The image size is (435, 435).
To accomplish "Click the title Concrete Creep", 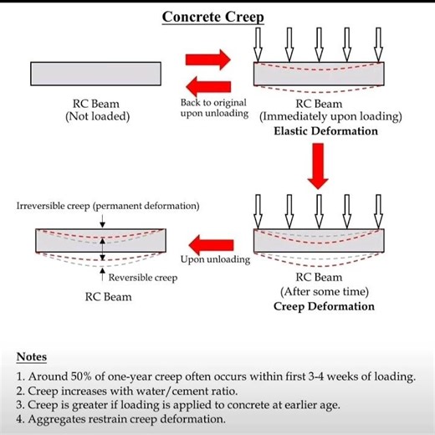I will click(212, 18).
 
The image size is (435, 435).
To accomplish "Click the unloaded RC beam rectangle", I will click(96, 74).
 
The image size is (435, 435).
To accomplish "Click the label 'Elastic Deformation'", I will click(325, 131).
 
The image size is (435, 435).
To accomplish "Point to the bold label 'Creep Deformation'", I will click(325, 306).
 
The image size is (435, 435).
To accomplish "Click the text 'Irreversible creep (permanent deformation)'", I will click(108, 206).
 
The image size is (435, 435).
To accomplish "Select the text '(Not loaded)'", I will click(97, 116).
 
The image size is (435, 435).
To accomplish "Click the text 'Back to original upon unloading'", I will click(213, 108).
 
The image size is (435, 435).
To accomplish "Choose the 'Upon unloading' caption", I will click(215, 259).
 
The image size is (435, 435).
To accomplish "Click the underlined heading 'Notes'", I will click(32, 357).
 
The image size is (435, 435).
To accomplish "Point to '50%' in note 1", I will click(79, 376).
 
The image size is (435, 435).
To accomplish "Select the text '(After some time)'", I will click(324, 291).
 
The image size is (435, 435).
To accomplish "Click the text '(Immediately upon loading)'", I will click(330, 117).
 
